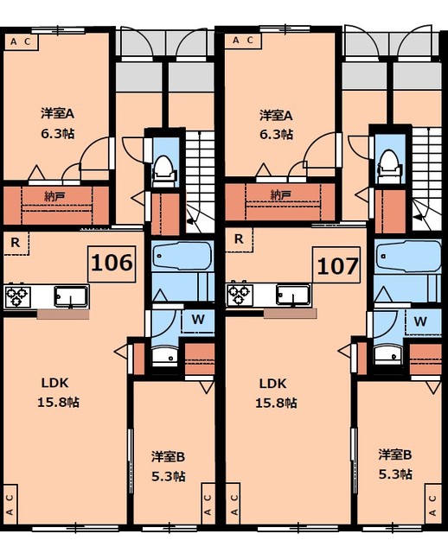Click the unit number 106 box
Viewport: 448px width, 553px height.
(112, 263)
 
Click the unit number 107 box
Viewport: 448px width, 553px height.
(336, 265)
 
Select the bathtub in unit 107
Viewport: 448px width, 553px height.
(407, 257)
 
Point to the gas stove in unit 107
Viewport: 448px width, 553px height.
(240, 296)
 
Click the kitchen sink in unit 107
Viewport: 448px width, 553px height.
(293, 296)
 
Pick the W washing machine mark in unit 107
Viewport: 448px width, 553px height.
(421, 321)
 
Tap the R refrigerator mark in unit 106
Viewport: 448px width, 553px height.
(16, 241)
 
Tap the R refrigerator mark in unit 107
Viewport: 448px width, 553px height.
(238, 239)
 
